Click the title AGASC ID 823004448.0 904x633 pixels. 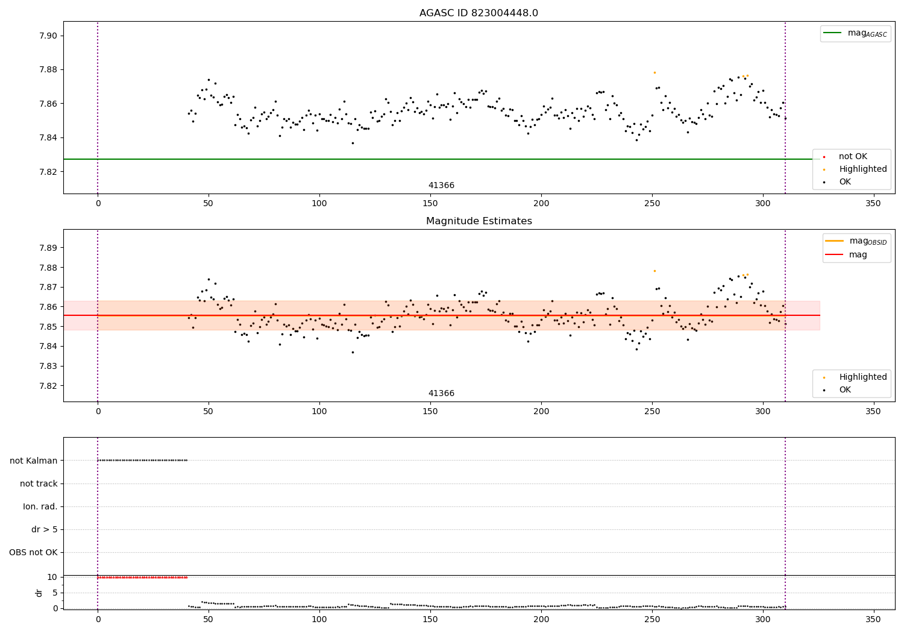(479, 13)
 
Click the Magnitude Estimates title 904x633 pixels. (479, 221)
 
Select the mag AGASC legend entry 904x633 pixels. (855, 33)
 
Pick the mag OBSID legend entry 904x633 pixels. (856, 241)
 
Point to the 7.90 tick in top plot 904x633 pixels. (48, 36)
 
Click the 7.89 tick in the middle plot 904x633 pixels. (48, 247)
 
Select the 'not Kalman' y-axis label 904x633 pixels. (34, 461)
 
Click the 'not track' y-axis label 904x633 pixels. (39, 483)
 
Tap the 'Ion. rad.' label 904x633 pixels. (40, 506)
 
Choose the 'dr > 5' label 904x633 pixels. (45, 529)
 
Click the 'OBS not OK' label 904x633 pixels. (34, 552)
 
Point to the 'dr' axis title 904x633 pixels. (39, 593)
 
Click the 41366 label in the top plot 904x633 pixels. (441, 185)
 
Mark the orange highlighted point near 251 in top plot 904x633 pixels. (654, 73)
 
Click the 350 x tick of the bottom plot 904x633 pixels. (873, 619)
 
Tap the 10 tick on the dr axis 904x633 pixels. (52, 578)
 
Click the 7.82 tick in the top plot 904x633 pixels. (48, 172)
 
